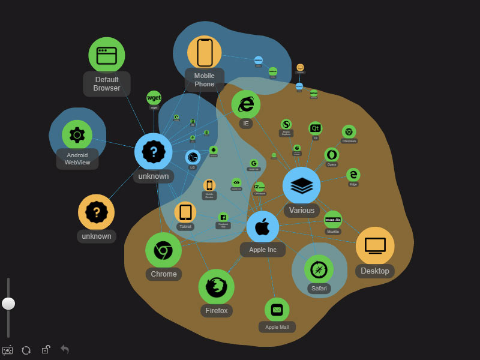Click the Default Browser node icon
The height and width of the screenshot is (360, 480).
click(107, 55)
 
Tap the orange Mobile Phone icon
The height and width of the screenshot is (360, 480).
click(205, 53)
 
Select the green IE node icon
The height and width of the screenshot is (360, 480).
click(246, 104)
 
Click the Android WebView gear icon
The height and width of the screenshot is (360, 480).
click(77, 134)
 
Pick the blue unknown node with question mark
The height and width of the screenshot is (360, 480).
click(154, 152)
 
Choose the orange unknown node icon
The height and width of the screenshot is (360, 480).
click(96, 212)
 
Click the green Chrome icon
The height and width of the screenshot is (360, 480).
click(163, 250)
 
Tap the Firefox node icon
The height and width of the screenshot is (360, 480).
click(216, 287)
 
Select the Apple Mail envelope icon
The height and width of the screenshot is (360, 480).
click(277, 310)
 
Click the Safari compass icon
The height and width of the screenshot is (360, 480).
click(319, 269)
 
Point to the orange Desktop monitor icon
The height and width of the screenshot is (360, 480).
click(375, 246)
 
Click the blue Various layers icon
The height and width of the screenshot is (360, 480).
click(301, 185)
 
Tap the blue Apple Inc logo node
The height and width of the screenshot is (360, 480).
click(263, 227)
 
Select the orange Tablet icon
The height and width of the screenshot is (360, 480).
click(185, 212)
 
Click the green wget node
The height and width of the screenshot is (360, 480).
click(154, 98)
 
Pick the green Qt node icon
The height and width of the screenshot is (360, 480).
click(316, 128)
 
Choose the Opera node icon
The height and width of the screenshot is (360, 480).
click(332, 155)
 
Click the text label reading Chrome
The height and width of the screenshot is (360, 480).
click(164, 274)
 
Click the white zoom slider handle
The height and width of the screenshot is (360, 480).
click(8, 304)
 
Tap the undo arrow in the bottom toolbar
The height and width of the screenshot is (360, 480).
click(65, 349)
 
